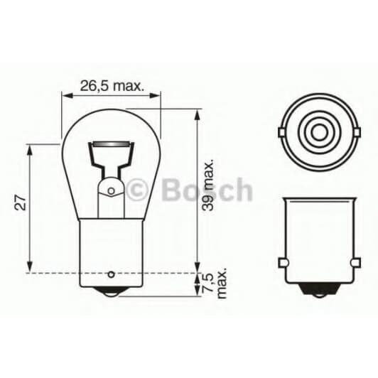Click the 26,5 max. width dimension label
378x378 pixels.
point(112,87)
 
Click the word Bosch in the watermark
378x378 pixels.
point(207,190)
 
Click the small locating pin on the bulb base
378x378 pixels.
point(111,275)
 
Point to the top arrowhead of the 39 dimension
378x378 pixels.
point(197,114)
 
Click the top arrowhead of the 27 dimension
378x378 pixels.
point(30,150)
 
